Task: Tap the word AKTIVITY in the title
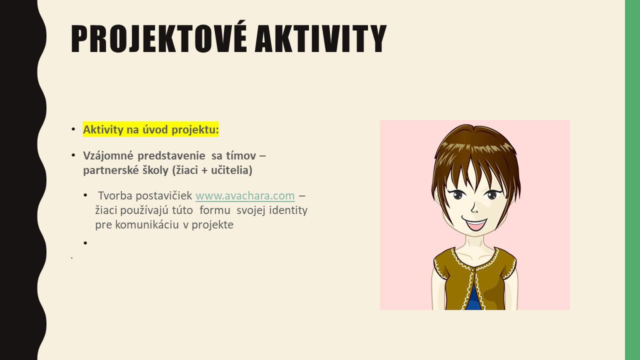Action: [x=320, y=39]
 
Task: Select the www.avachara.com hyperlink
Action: [x=245, y=195]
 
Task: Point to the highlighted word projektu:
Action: [x=195, y=130]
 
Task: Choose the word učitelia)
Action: [x=231, y=170]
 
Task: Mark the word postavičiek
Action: [x=163, y=196]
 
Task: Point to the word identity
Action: [x=288, y=210]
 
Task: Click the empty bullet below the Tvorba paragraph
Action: [x=85, y=243]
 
